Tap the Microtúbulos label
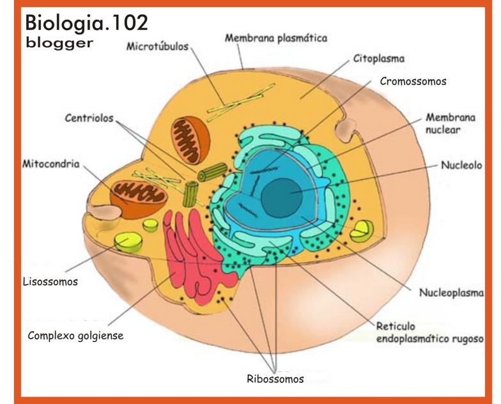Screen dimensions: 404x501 [x=156, y=47]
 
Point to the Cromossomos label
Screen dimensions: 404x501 [x=413, y=81]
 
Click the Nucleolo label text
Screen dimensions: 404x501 [x=459, y=164]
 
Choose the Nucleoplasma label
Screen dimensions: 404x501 [x=449, y=295]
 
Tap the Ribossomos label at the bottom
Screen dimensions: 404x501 [x=275, y=378]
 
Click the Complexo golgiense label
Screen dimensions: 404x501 [x=75, y=335]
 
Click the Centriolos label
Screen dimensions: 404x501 [x=89, y=118]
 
